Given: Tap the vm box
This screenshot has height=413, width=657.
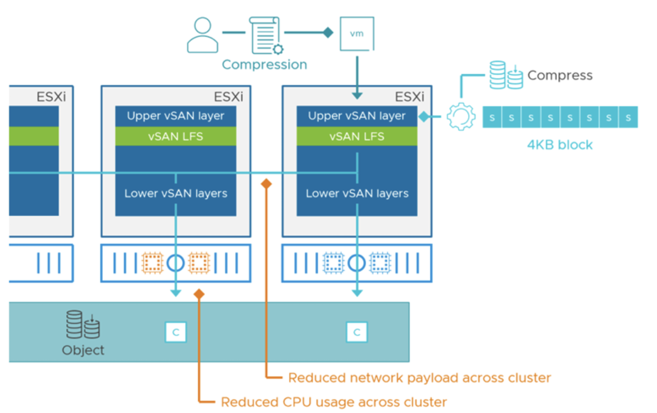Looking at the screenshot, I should point(357,34).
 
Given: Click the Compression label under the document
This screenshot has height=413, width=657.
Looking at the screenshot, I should point(264,65).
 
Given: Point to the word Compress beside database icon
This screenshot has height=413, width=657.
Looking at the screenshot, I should point(560,75).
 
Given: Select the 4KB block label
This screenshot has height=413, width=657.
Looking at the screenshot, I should point(560,145).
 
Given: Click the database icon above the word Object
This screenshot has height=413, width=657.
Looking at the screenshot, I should point(83,325).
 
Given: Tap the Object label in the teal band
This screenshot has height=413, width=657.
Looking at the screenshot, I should point(83,350).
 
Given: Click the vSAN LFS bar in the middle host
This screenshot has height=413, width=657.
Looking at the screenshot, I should point(176,137).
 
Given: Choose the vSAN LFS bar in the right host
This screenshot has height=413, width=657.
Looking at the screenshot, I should point(357,137).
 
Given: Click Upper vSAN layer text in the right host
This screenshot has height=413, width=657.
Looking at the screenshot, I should point(357,116).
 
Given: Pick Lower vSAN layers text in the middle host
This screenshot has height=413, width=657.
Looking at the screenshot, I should point(176,193).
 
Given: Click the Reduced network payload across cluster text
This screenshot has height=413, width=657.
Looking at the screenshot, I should point(419,377).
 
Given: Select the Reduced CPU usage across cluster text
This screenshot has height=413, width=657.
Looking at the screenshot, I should point(334,402).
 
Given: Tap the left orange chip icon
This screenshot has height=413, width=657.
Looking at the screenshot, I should point(153,263).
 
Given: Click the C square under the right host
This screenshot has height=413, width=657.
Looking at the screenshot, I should point(357,332).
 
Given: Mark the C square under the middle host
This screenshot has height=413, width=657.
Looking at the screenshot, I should point(176,332).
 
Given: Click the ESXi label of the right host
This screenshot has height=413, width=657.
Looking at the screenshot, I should point(410,97).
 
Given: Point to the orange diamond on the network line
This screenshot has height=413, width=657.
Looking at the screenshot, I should point(266,183).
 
